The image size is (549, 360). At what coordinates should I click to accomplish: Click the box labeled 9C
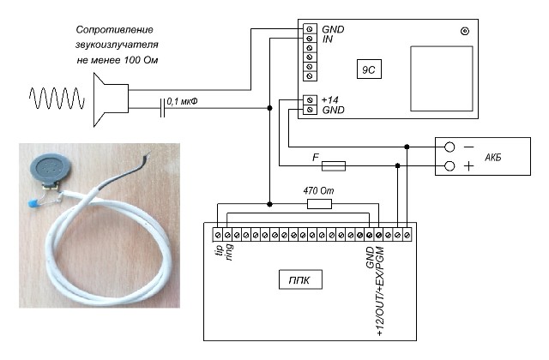[369, 69]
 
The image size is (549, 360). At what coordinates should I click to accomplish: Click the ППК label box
[300, 279]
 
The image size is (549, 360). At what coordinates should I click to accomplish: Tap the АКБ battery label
[493, 158]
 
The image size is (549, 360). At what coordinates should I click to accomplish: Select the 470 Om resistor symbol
[319, 204]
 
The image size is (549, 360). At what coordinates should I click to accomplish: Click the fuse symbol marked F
[334, 165]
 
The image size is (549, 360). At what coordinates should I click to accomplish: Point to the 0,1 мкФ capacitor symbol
[162, 108]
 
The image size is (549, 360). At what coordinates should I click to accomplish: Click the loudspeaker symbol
[111, 99]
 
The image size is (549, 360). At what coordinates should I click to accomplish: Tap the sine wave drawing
[57, 99]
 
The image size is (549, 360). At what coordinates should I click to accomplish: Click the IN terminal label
[328, 39]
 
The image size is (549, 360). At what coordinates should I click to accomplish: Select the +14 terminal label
[329, 99]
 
